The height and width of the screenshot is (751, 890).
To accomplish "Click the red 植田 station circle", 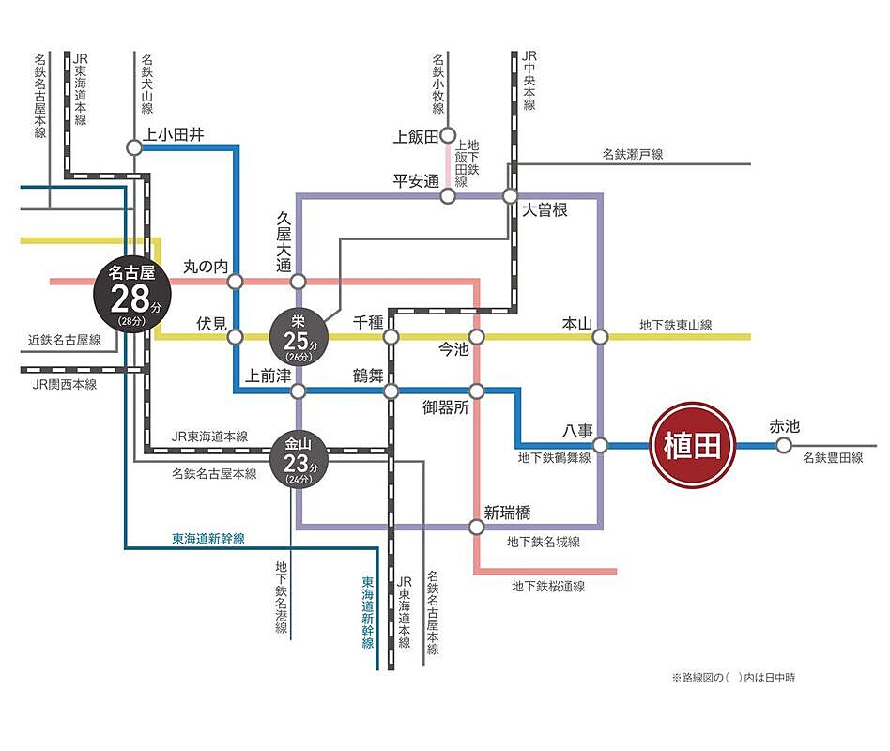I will click(692, 445).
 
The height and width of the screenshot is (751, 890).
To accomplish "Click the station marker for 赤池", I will click(784, 445).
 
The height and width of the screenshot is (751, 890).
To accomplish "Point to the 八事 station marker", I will click(601, 445).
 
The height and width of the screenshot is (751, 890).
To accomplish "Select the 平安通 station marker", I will click(447, 196).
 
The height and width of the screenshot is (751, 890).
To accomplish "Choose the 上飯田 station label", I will click(415, 137).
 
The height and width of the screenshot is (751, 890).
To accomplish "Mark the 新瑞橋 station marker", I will click(476, 528).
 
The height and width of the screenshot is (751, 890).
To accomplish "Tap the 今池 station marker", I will click(476, 337).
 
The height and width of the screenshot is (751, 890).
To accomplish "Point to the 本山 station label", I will click(575, 325).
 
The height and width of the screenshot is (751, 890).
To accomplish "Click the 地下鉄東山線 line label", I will click(675, 325).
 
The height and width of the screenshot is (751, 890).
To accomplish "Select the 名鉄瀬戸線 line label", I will click(632, 154).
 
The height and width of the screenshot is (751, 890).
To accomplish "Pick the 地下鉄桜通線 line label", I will click(548, 587).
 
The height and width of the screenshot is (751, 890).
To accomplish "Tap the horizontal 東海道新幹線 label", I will click(207, 540).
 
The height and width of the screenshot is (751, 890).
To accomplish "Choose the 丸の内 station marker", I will click(235, 281).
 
